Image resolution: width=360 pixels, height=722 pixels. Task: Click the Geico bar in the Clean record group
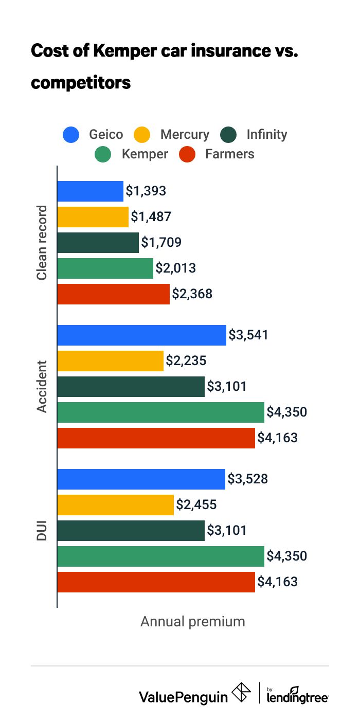91,191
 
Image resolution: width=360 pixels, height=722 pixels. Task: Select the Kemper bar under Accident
160,412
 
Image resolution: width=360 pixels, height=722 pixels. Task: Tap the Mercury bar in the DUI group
116,505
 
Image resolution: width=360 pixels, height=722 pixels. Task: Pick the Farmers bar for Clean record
113,294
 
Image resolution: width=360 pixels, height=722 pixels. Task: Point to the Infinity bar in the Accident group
131,387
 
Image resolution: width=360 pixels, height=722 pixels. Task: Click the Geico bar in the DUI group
141,479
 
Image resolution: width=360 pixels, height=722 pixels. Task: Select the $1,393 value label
146,191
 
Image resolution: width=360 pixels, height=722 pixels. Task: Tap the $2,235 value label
186,361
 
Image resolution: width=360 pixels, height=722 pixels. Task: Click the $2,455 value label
196,505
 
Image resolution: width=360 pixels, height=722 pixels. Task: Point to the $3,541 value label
248,335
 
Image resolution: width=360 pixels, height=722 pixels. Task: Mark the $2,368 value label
192,294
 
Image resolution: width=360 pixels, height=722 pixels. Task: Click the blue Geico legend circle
71,135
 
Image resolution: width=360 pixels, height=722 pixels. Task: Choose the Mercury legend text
185,135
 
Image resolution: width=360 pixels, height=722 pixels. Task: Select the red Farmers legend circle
187,154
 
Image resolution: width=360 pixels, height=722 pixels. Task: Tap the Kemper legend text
145,154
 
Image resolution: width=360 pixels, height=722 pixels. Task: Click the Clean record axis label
42,243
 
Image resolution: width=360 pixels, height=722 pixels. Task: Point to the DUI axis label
42,531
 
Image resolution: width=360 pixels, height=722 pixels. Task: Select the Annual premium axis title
193,621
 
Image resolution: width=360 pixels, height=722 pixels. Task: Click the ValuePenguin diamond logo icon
242,693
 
